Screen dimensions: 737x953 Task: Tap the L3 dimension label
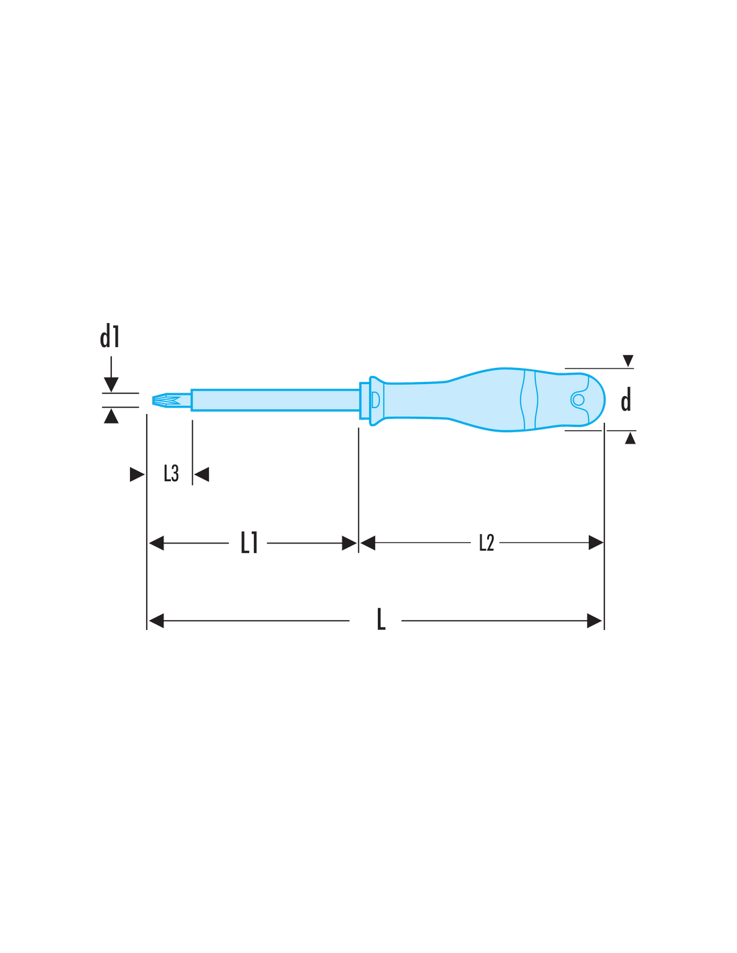point(171,474)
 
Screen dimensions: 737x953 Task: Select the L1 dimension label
point(249,542)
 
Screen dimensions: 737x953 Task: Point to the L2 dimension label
point(486,542)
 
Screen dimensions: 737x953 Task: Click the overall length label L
point(381,620)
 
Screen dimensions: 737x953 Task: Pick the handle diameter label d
point(626,399)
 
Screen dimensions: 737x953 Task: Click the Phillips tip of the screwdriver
point(166,400)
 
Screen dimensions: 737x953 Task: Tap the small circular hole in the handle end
point(578,399)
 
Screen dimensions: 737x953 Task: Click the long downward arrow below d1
point(111,374)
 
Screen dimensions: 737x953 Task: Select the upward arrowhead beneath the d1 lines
point(111,416)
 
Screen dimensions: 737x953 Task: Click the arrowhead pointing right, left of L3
point(137,474)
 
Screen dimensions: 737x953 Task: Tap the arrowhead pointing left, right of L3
point(202,474)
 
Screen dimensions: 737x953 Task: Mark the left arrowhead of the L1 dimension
point(157,543)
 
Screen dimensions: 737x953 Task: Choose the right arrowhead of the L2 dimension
point(596,542)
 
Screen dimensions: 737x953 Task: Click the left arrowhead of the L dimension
point(157,621)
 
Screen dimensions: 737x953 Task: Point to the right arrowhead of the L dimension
point(594,621)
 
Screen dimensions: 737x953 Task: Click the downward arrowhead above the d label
point(628,361)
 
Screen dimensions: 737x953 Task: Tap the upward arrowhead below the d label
point(630,438)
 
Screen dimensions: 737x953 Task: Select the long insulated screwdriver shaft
point(275,400)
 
